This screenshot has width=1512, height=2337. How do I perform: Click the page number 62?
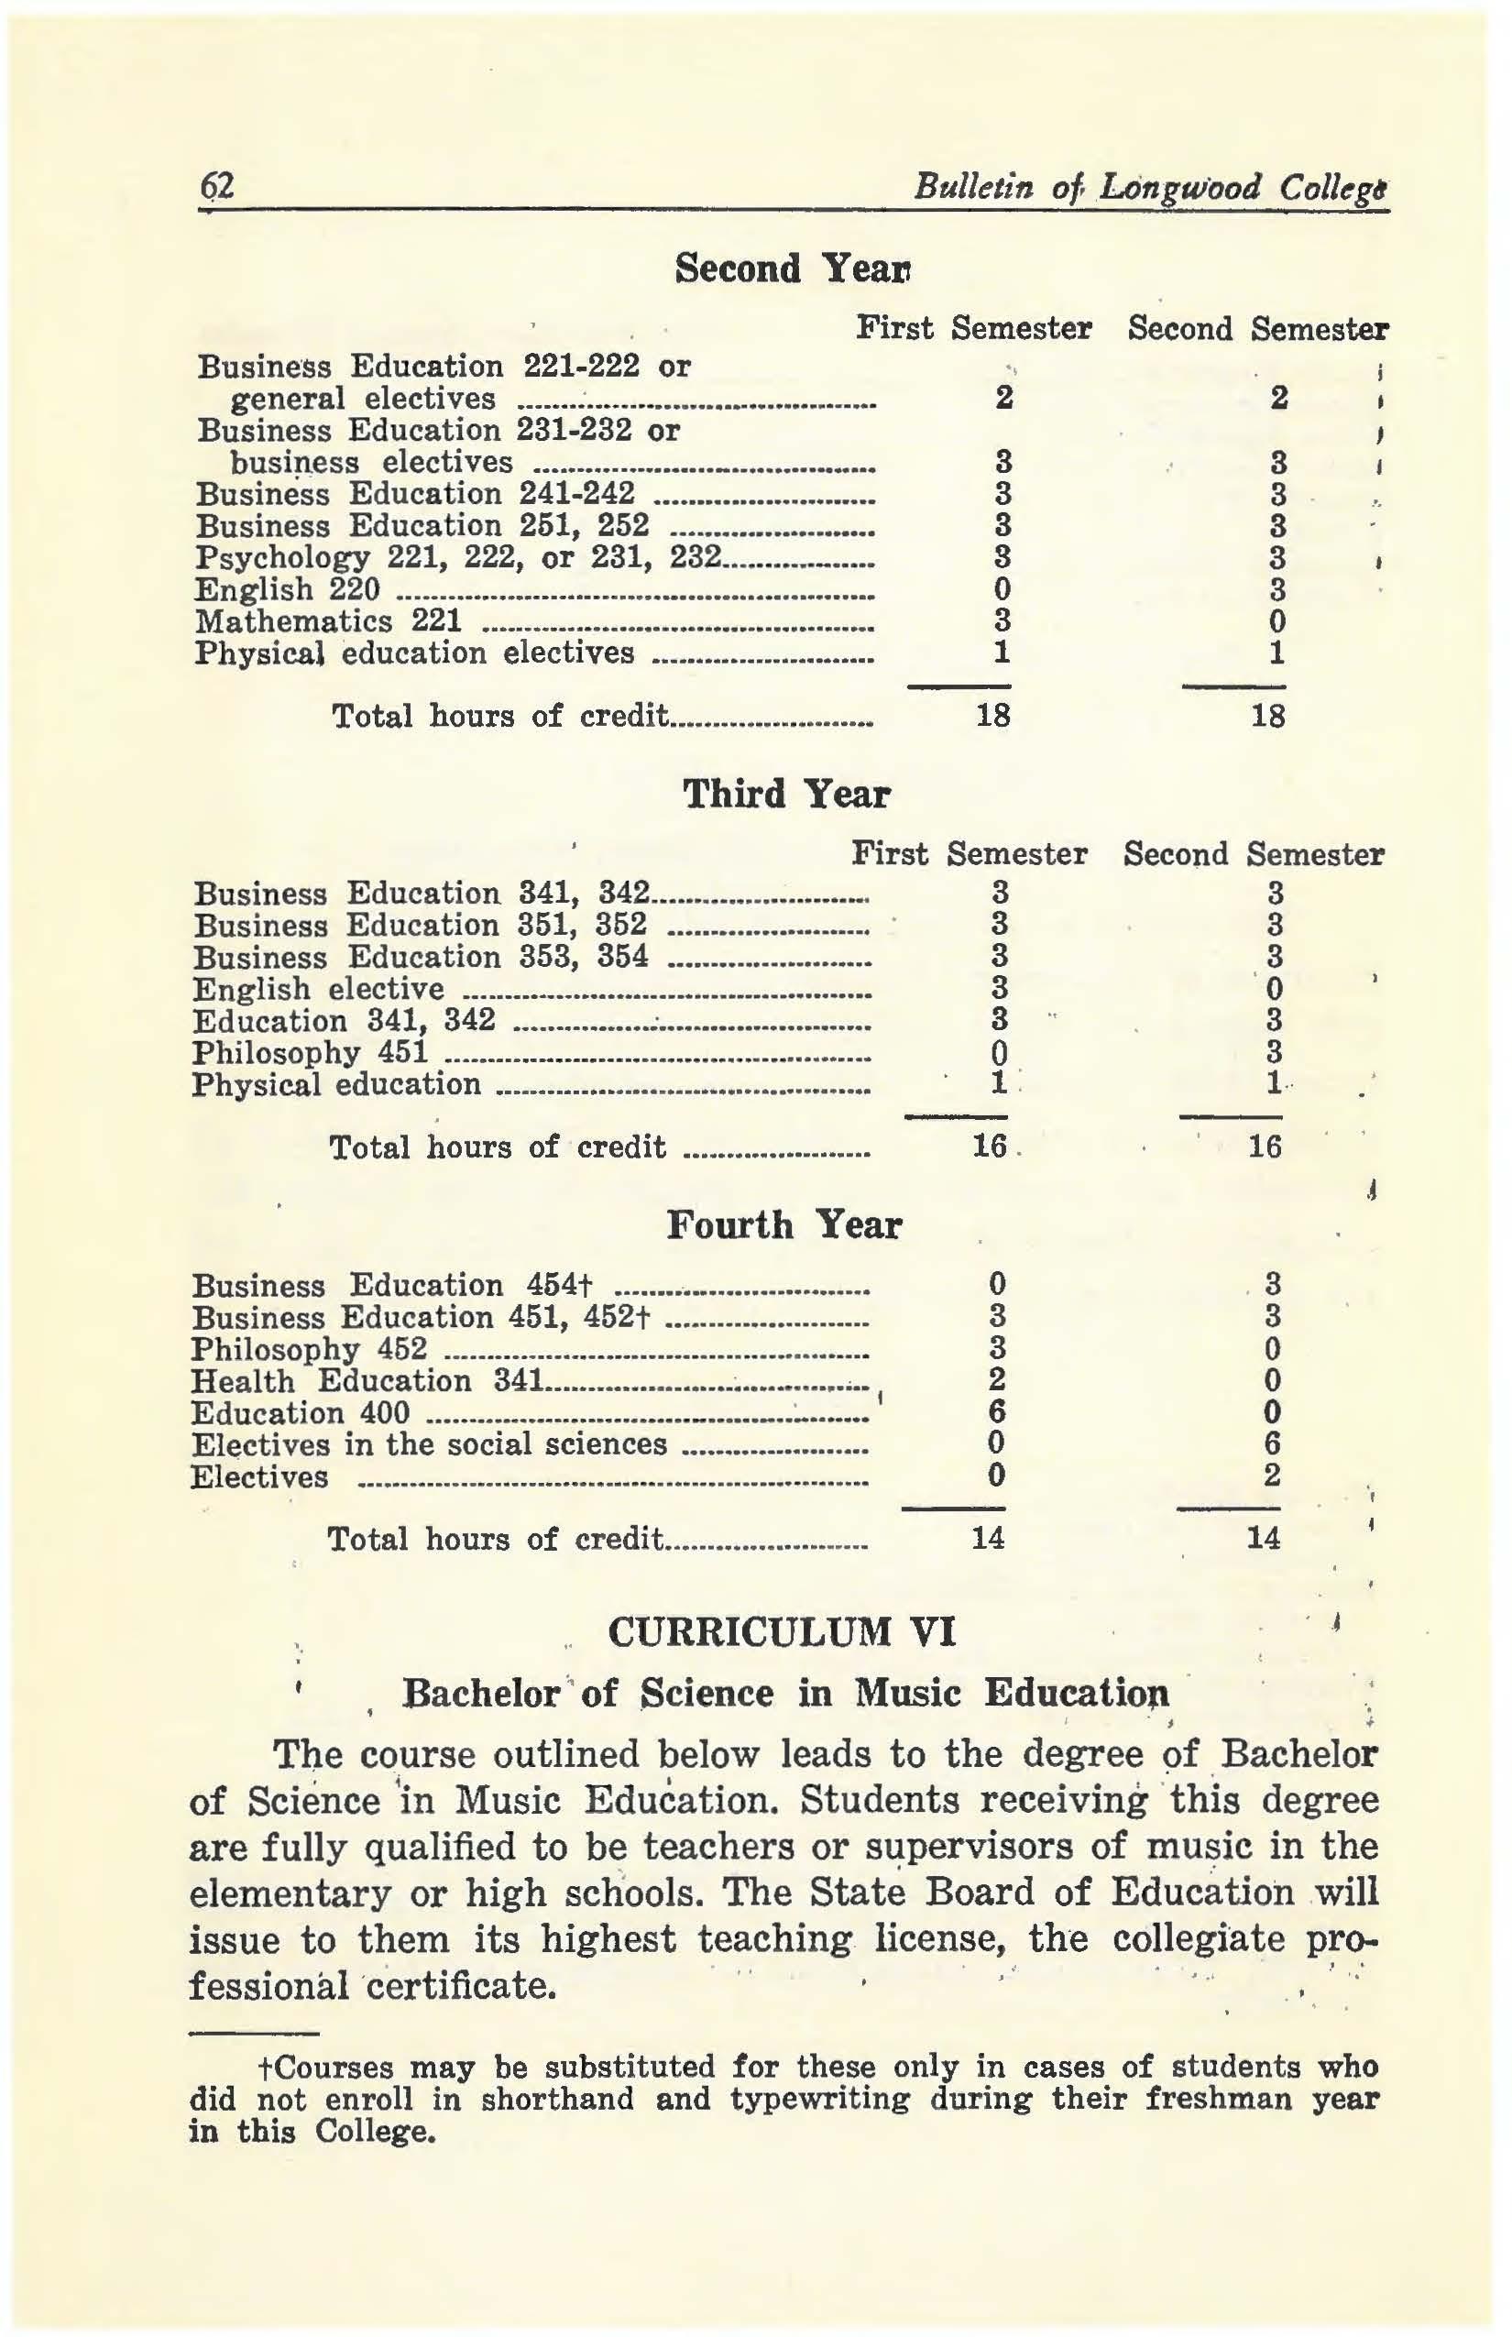coord(216,185)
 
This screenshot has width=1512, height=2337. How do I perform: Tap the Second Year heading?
coord(794,268)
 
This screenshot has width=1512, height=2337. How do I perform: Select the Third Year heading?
coord(785,794)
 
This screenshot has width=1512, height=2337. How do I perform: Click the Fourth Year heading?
coord(783,1224)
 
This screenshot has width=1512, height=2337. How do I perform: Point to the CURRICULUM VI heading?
coord(782,1632)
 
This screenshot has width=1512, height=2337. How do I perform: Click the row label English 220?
coord(288,590)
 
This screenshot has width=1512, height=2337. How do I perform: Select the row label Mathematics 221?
coord(329,621)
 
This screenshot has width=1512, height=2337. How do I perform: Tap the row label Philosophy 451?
coord(311,1053)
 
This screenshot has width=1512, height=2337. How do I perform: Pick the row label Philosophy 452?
coord(311,1349)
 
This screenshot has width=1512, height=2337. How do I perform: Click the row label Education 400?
coord(301,1413)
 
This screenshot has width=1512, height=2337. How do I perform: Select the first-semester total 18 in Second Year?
coord(993,716)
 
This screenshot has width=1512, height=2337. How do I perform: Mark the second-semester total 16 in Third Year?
coord(1265,1146)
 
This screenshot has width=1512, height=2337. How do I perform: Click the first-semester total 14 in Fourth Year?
coord(989,1538)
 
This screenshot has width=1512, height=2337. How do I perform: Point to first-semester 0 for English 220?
coord(1002,589)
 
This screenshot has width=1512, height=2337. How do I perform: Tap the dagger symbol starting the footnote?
coord(262,2067)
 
